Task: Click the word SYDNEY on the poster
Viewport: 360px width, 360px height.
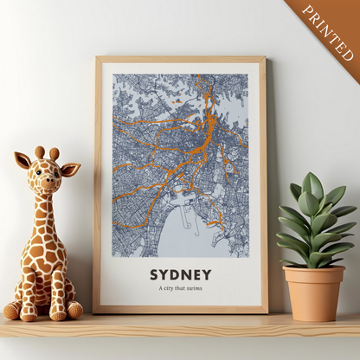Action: [180, 275]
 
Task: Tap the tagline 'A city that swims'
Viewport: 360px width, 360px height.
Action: [180, 290]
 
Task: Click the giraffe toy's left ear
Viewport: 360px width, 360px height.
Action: [22, 160]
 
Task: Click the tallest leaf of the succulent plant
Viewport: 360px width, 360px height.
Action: [312, 186]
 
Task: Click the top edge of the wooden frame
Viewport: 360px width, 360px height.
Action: [180, 59]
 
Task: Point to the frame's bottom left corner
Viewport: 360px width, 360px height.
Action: [97, 310]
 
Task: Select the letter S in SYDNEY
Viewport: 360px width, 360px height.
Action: [155, 275]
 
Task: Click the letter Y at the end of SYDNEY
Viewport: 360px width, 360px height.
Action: [207, 275]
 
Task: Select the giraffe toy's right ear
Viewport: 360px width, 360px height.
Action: [70, 168]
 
